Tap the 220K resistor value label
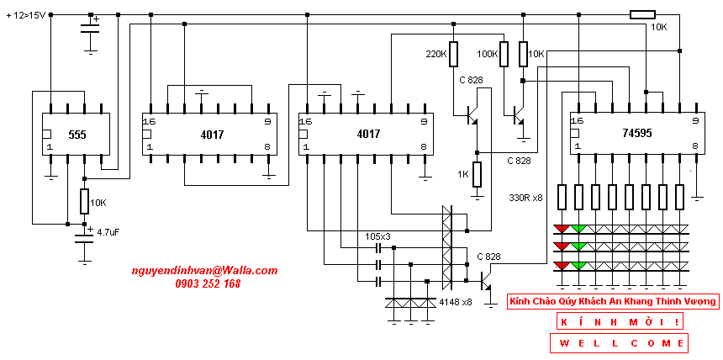click(x=436, y=54)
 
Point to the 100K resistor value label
click(x=488, y=54)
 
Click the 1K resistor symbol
click(x=478, y=174)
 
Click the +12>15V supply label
click(x=27, y=16)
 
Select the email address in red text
click(x=205, y=271)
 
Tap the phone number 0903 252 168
click(x=208, y=283)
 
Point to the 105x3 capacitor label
click(x=377, y=236)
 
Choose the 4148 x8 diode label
click(x=456, y=303)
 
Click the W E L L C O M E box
click(x=619, y=343)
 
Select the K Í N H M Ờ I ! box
click(x=618, y=321)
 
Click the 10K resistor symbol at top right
click(x=642, y=15)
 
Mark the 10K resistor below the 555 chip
click(x=84, y=201)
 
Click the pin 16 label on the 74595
click(x=577, y=121)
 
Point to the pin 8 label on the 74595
click(x=694, y=146)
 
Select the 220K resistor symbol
click(x=454, y=54)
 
